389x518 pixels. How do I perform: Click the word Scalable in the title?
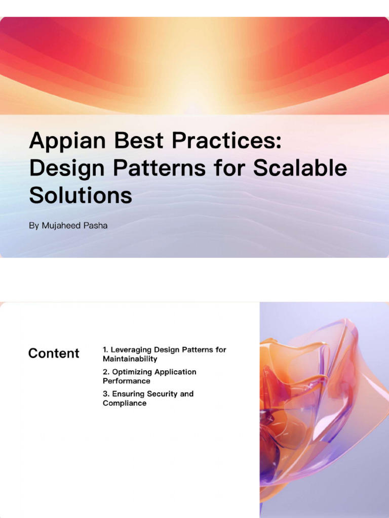(x=300, y=168)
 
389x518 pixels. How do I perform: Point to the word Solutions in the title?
(x=81, y=195)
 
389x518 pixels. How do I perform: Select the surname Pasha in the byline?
(x=95, y=226)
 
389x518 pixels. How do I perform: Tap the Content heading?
(x=54, y=353)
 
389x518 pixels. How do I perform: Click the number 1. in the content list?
(x=105, y=350)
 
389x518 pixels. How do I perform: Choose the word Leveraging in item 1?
(x=131, y=350)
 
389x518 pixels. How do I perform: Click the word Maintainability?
(x=130, y=359)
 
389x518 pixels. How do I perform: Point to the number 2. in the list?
(x=106, y=372)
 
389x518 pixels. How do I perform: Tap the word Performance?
(x=127, y=381)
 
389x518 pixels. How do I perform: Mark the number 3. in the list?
(x=106, y=394)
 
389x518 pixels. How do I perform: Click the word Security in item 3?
(x=160, y=394)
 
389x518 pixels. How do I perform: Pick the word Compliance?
(x=125, y=403)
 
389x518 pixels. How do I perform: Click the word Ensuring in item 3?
(x=128, y=394)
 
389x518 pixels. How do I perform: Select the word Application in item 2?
(x=175, y=372)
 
